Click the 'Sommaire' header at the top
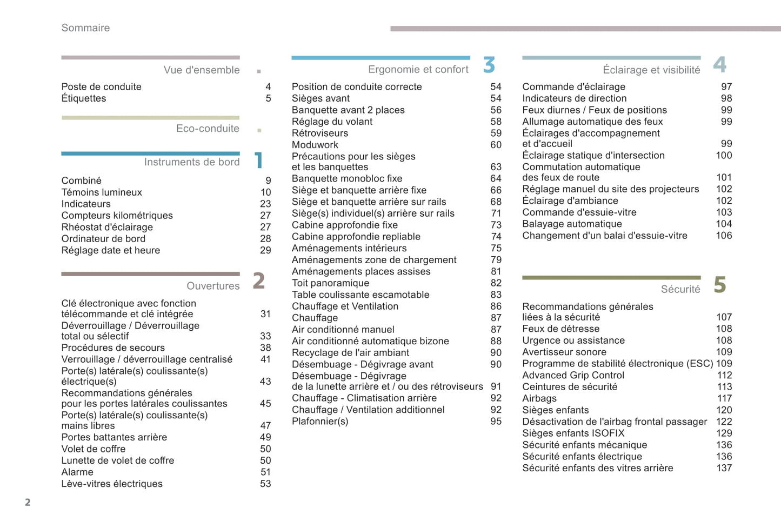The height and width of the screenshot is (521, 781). [x=85, y=28]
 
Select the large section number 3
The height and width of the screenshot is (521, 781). [x=489, y=65]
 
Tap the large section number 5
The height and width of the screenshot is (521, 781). [x=719, y=285]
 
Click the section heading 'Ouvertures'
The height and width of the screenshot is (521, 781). [x=213, y=286]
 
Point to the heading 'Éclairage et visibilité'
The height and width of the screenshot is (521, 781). [x=651, y=70]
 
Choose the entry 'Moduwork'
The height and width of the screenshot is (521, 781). [x=315, y=145]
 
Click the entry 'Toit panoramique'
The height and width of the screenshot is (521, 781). [x=330, y=283]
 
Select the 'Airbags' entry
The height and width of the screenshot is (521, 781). [x=539, y=398]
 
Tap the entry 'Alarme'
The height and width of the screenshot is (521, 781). [x=77, y=472]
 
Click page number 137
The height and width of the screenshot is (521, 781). [x=724, y=468]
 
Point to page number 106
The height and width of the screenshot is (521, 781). [x=724, y=236]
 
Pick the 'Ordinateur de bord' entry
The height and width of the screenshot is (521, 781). [x=103, y=239]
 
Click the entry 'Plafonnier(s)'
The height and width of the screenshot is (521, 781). [x=320, y=422]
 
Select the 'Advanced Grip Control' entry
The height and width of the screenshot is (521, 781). [x=573, y=375]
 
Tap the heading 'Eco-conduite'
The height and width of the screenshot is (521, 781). [x=208, y=129]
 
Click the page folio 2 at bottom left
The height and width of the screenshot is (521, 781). [x=28, y=503]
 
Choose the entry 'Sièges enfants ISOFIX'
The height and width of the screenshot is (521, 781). [x=573, y=433]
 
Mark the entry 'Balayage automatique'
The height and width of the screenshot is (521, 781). [x=572, y=224]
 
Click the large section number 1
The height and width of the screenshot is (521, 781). [x=259, y=161]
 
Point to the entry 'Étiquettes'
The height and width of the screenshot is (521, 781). [x=84, y=98]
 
